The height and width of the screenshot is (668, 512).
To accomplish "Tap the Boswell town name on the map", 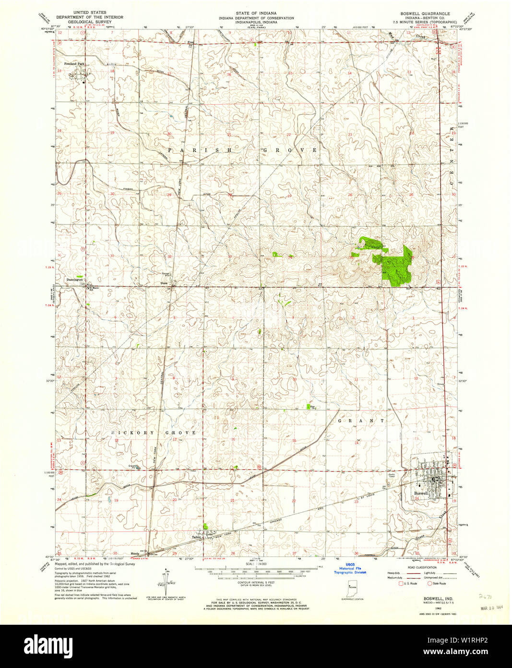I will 421,493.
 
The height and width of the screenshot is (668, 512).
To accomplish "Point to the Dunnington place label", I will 74,279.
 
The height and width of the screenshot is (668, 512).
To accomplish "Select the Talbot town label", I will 196,537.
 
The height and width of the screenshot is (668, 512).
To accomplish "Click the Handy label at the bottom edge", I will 135,553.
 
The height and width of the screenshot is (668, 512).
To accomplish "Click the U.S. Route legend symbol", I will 402,583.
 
